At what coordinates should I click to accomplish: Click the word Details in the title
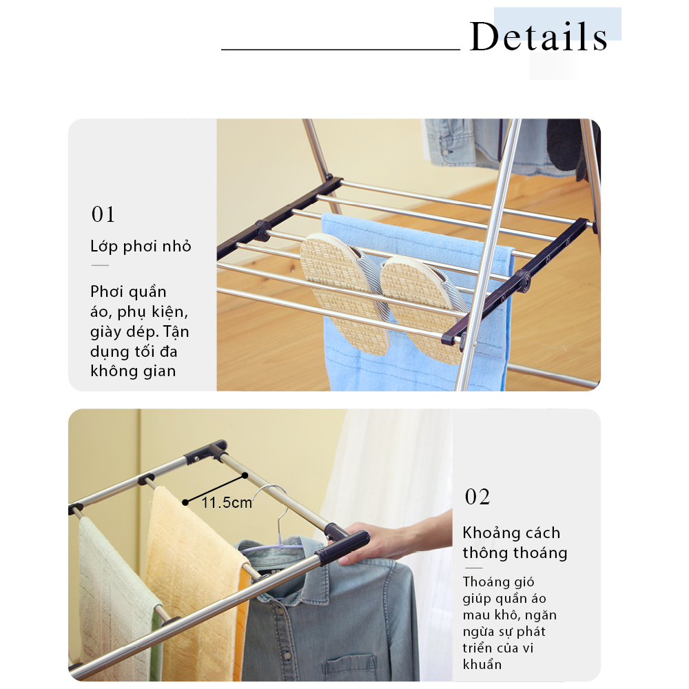(x=539, y=37)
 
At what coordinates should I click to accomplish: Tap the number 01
(x=103, y=214)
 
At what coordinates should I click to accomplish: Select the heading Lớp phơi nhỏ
(x=141, y=246)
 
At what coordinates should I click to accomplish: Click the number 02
(x=477, y=497)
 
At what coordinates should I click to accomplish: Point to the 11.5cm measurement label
(x=227, y=502)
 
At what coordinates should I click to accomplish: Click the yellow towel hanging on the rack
(x=196, y=584)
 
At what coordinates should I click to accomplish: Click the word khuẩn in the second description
(x=482, y=664)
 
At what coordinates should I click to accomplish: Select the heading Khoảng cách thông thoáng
(x=515, y=543)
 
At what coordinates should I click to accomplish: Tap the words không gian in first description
(x=133, y=371)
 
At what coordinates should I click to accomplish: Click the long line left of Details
(x=340, y=50)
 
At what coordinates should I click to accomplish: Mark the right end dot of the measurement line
(x=245, y=475)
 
